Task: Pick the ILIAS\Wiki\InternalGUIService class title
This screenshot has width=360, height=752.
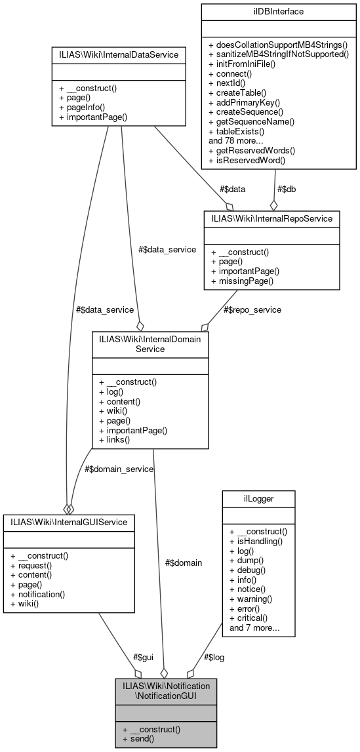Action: point(69,523)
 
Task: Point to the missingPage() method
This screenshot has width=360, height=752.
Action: point(243,281)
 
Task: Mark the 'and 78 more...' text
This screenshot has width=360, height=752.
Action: point(237,140)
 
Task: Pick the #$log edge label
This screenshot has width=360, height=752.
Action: point(213,657)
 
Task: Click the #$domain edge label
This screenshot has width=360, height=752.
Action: point(183,563)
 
